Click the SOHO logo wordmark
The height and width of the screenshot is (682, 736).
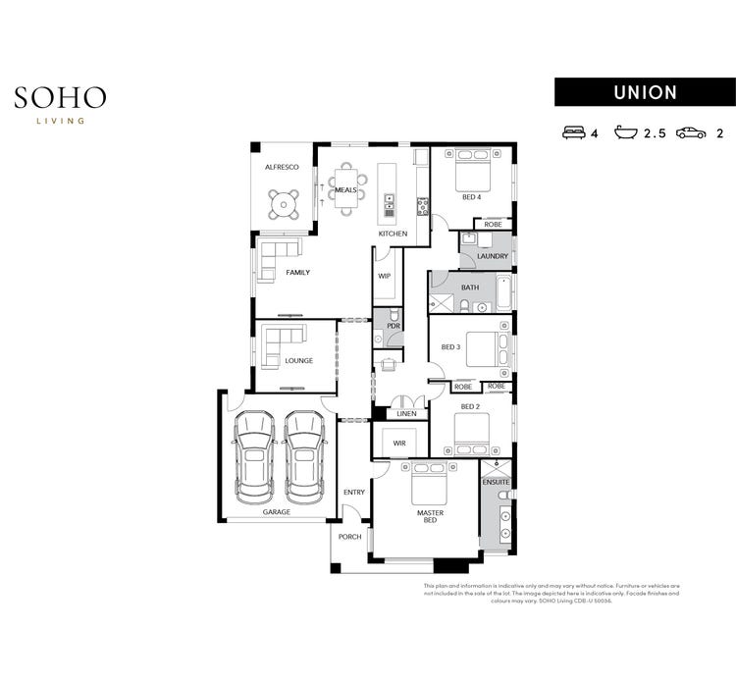pos(60,97)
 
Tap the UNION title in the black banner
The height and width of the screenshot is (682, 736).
pos(645,92)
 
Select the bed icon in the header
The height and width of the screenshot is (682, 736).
pos(573,132)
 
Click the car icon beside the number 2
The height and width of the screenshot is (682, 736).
pos(690,132)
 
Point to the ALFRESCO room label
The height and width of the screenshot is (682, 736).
pos(282,168)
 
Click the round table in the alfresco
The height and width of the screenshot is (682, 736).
pos(284,204)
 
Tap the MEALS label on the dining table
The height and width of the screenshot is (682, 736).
pos(345,189)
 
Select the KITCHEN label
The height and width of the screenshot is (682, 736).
pos(393,234)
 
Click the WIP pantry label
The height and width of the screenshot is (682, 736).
pos(385,277)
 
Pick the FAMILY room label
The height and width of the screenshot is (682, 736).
pos(297,272)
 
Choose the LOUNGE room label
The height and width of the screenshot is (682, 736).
pos(298,360)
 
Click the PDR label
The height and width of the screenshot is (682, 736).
pos(394,326)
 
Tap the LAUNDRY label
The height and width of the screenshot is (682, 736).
pos(492,257)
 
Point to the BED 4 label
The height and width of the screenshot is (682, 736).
pos(471,197)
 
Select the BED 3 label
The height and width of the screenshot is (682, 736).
pos(450,347)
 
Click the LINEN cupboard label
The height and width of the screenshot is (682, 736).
pos(406,413)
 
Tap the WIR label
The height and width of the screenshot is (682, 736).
pos(399,444)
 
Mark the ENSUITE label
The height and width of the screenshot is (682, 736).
pos(496,483)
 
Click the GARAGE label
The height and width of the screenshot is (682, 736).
pos(276,511)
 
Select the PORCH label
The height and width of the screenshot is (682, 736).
pos(350,537)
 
